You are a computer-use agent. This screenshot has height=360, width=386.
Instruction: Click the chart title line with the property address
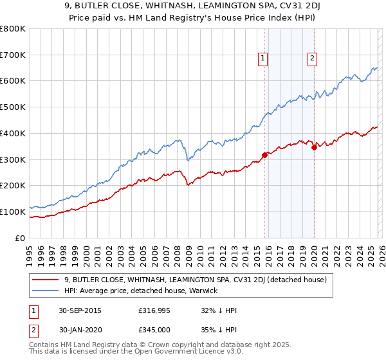(x=193, y=7)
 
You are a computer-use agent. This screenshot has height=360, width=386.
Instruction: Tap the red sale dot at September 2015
(x=264, y=154)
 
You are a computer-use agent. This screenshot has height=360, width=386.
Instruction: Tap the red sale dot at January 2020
(x=314, y=147)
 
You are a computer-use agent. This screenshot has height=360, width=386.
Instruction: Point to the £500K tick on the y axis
(x=13, y=107)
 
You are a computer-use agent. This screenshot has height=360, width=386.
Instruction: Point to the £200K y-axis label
(x=13, y=186)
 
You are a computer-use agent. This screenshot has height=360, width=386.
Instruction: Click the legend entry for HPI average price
(x=141, y=291)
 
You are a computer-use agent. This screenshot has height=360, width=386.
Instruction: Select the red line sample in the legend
(x=46, y=280)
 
